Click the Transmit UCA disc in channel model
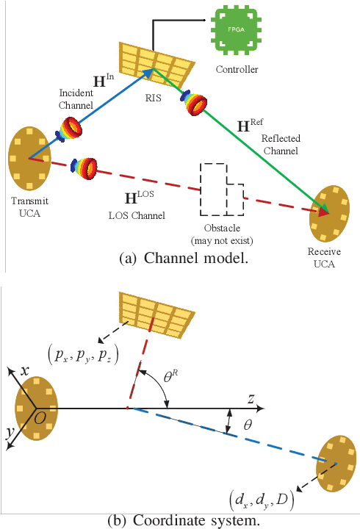tap(29, 158)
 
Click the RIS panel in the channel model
tap(156, 63)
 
